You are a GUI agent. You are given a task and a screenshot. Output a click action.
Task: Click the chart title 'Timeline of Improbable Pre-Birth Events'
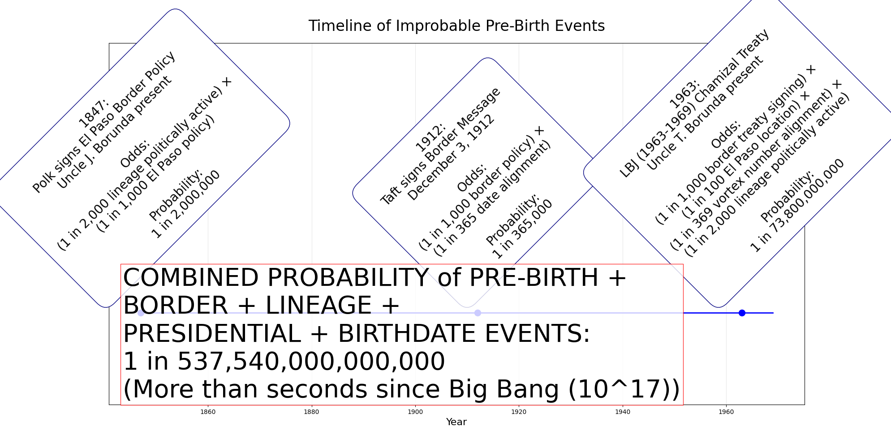456,26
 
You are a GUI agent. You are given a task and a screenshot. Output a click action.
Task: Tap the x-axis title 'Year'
456,422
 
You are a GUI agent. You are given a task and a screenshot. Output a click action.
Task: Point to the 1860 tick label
208,412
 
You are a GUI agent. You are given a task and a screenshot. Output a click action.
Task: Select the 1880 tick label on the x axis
312,412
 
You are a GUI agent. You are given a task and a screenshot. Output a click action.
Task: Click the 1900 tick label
415,412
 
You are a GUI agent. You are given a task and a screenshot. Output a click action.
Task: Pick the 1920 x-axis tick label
519,412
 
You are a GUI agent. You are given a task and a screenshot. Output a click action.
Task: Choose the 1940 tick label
623,412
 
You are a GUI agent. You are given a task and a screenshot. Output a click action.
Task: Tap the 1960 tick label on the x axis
726,412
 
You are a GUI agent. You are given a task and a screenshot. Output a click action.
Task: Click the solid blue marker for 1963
742,313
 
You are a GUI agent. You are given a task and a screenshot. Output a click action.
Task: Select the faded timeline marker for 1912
478,313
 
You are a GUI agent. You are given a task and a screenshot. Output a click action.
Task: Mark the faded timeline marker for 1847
141,313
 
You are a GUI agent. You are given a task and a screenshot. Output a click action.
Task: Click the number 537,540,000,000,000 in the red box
311,362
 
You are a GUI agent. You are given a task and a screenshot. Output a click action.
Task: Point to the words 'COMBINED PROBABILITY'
276,278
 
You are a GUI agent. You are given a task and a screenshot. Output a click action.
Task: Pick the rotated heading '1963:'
684,94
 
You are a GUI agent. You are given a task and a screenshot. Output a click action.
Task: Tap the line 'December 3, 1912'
451,158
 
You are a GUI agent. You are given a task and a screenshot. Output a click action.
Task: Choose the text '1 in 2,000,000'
186,204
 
